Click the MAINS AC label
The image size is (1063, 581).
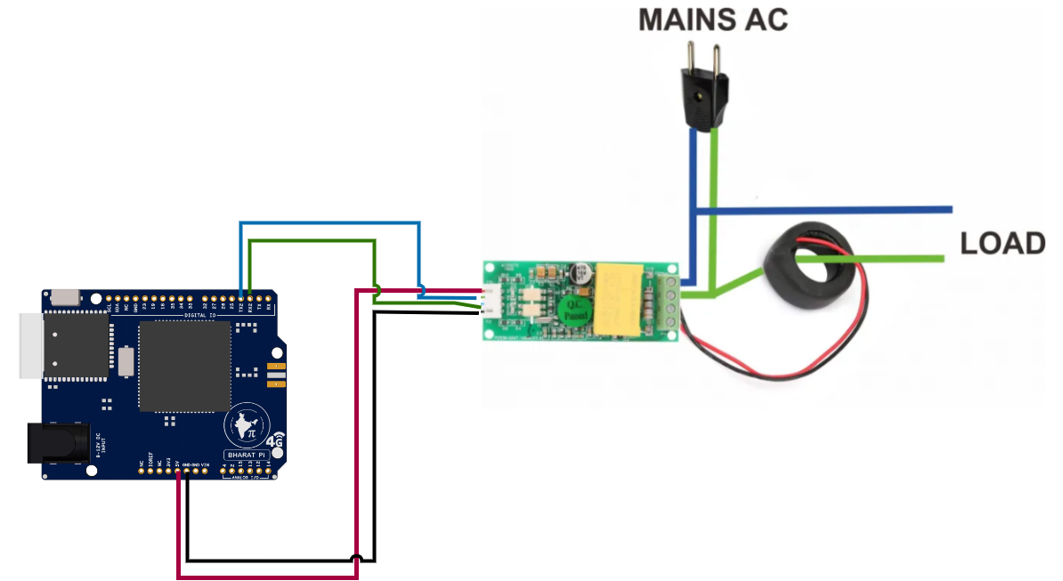[713, 20]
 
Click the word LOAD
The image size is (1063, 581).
[1002, 243]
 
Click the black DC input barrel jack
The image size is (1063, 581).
[59, 443]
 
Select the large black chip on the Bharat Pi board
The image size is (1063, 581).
[184, 366]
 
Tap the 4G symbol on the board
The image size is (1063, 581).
[276, 440]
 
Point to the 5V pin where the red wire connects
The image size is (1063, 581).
[179, 472]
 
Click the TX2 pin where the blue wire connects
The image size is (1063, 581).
[240, 297]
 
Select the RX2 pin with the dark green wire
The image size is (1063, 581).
[250, 297]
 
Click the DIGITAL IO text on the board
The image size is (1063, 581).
[199, 315]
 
